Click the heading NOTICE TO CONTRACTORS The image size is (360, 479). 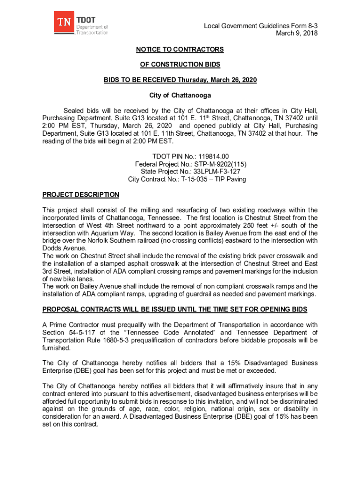tap(180, 49)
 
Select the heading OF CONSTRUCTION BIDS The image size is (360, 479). tap(180, 65)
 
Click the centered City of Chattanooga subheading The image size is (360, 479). tap(180, 95)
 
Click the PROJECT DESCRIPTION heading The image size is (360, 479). tap(80, 195)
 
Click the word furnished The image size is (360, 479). tap(58, 348)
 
